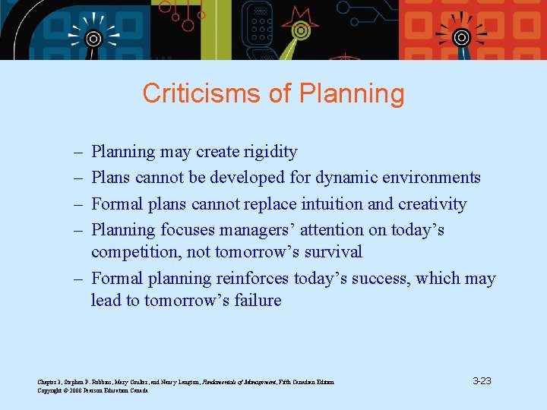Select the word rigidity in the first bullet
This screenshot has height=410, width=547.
270,152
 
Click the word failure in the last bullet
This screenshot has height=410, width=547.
257,300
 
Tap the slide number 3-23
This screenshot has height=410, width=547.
482,380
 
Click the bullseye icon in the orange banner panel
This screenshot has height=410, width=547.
460,36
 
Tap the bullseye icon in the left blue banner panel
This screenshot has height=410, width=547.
93,38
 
